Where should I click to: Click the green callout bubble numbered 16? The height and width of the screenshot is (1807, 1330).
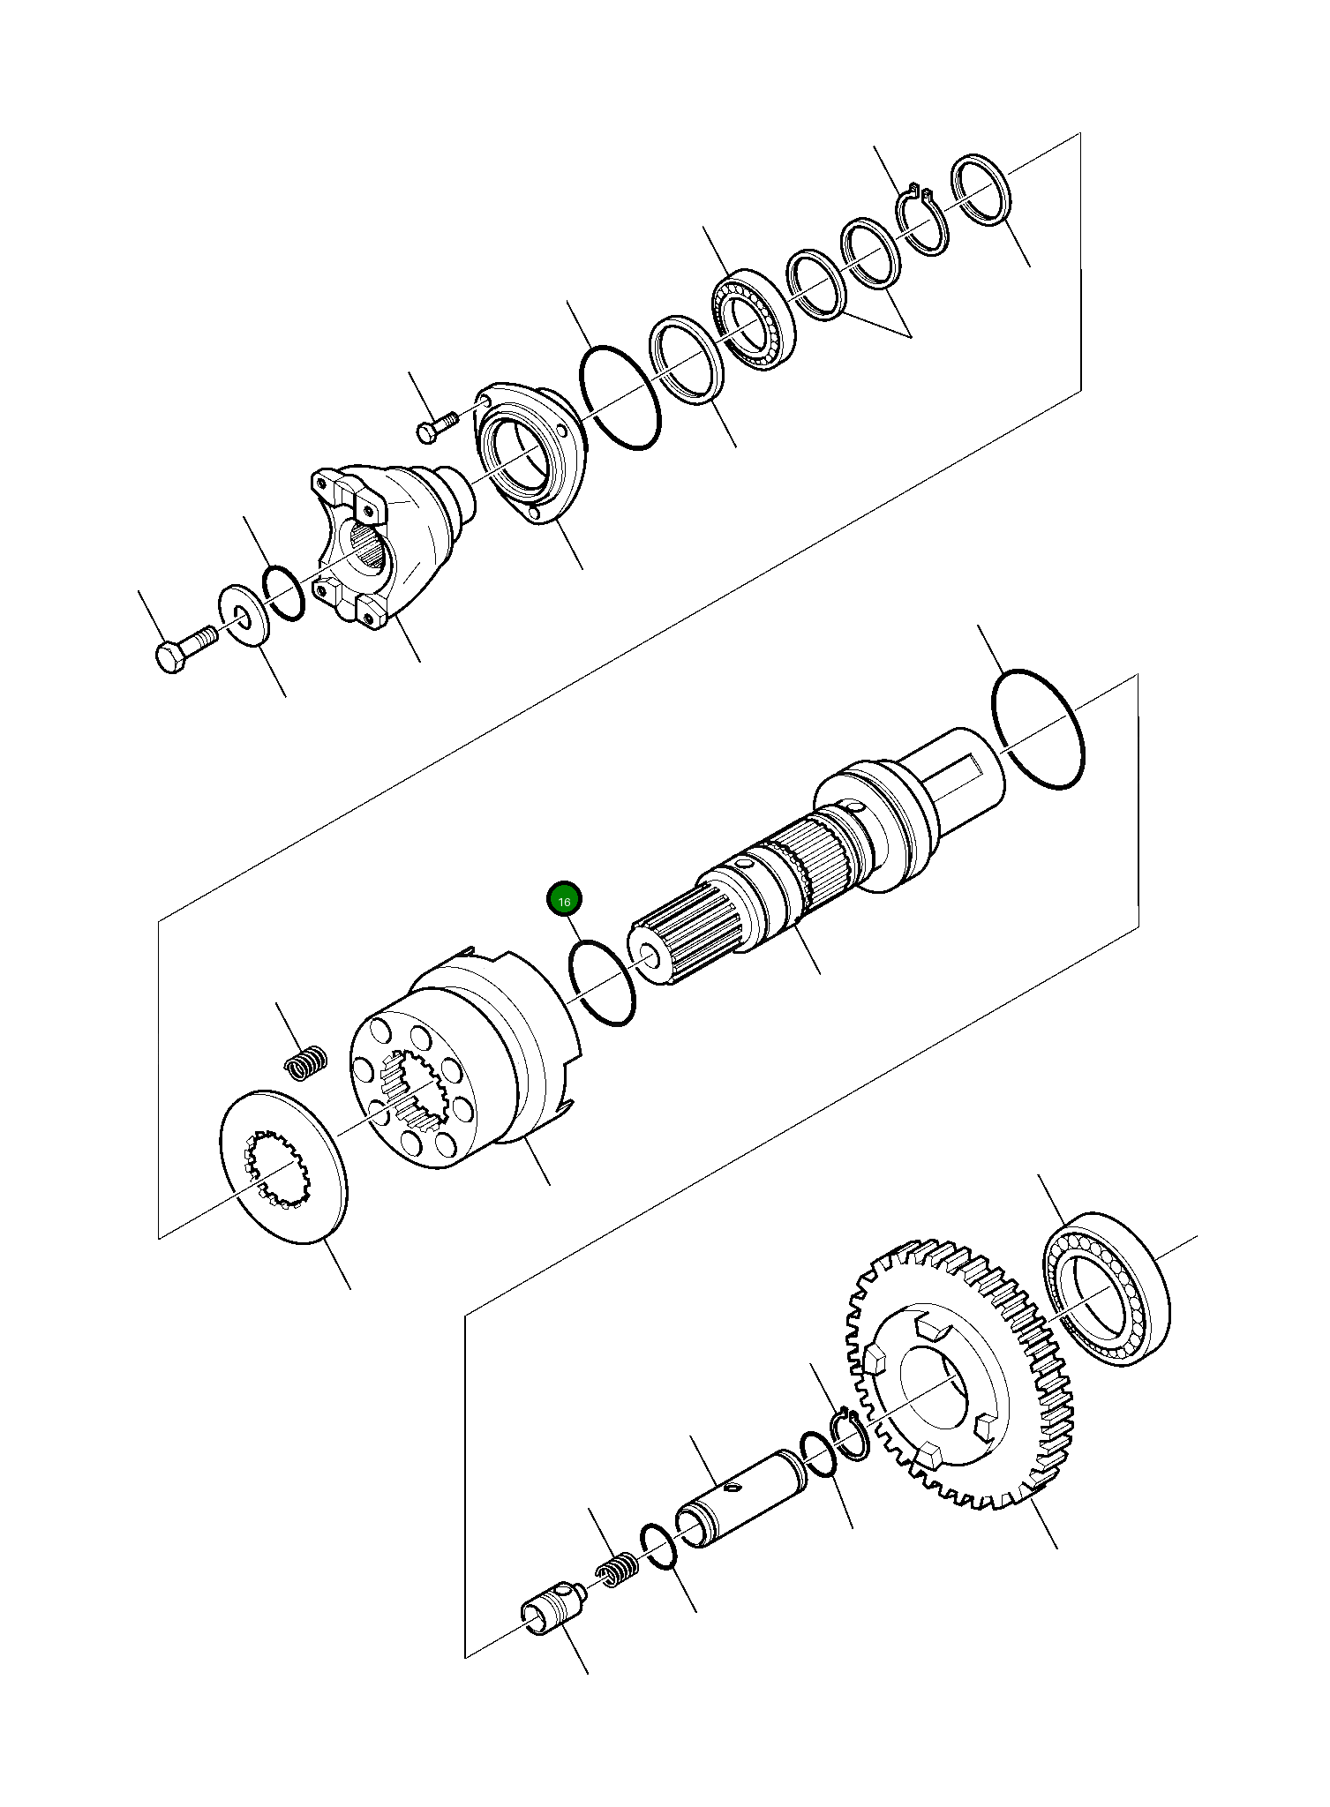[x=564, y=900]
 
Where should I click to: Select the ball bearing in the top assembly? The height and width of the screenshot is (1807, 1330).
[x=753, y=319]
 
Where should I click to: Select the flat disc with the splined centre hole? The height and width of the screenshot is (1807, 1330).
[x=282, y=1166]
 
